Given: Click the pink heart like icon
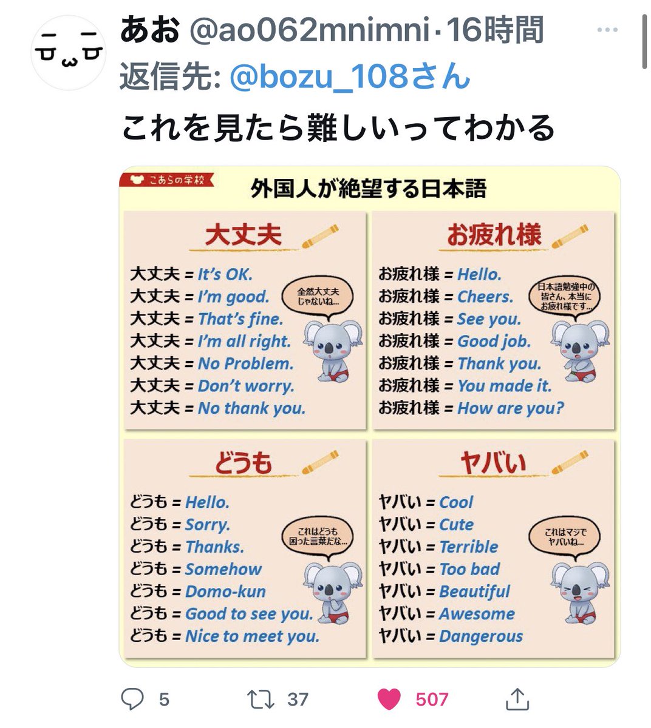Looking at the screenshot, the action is (389, 699).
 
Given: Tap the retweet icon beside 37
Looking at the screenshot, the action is (261, 699).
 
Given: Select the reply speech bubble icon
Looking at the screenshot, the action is (132, 699).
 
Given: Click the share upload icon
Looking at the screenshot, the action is (517, 699).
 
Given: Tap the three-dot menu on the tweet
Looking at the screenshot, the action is (607, 30).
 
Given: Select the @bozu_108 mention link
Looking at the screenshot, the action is (350, 77).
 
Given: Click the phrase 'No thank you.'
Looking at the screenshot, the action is (251, 408).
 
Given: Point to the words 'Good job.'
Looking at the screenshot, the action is (494, 341).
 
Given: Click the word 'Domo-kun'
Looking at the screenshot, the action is (225, 591).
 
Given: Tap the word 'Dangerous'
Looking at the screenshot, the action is (480, 636).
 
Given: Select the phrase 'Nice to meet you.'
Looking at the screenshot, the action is (252, 636).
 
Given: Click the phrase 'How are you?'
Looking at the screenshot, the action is (510, 408).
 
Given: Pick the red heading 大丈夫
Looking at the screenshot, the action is (243, 235).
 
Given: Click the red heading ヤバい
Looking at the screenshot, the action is (493, 463).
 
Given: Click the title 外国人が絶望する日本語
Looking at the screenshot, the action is (368, 189).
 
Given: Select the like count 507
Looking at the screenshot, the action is (431, 699).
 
